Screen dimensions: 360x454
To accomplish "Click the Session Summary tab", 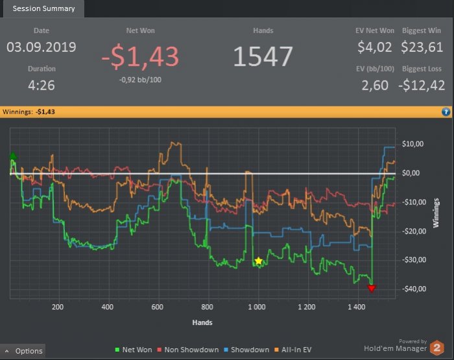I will click(43, 8).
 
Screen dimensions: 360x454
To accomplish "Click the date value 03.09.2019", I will click(41, 47).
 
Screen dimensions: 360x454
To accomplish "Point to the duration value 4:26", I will click(42, 85).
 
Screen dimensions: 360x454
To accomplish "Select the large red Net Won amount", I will click(140, 57).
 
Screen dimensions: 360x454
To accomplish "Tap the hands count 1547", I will click(263, 57).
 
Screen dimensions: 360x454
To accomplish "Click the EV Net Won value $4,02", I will click(375, 47).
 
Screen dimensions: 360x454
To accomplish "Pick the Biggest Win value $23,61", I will click(422, 47).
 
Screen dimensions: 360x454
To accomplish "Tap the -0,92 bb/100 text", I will click(140, 80).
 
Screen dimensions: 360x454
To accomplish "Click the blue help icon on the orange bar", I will click(446, 112).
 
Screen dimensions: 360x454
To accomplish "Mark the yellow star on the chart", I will click(258, 261).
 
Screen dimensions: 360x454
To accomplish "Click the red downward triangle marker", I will click(372, 288).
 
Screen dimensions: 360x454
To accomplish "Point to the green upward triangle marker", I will click(13, 156).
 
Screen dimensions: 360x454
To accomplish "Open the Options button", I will click(23, 351).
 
